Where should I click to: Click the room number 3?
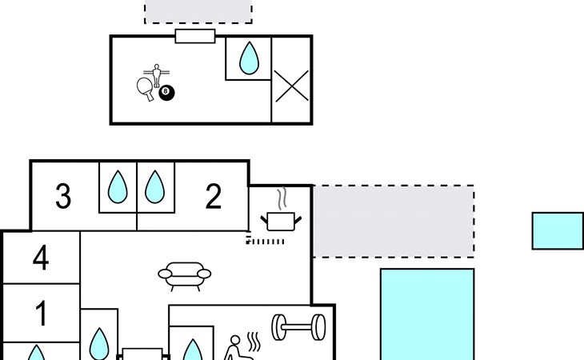click(63, 196)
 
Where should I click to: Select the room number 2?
click(214, 196)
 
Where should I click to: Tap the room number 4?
click(41, 258)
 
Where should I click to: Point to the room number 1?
click(42, 313)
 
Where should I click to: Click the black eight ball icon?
click(166, 93)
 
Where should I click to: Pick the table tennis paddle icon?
click(146, 89)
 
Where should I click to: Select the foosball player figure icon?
click(157, 75)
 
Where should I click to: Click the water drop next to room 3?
click(118, 187)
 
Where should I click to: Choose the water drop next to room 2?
click(155, 187)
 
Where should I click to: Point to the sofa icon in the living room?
click(185, 276)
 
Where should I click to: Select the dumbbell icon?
click(298, 327)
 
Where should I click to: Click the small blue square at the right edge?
click(558, 231)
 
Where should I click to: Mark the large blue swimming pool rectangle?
click(427, 314)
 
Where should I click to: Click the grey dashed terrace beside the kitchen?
click(394, 221)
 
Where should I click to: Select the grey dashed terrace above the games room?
click(198, 11)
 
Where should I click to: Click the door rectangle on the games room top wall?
click(195, 36)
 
